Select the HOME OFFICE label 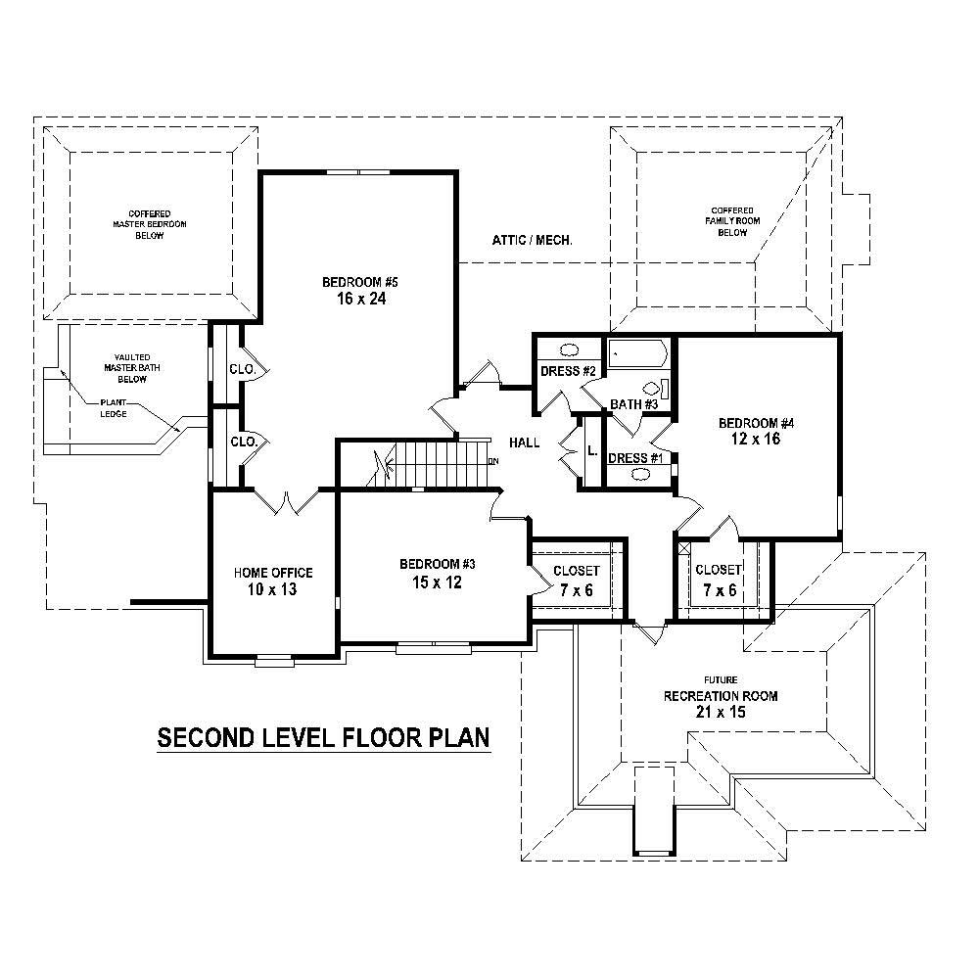point(273,573)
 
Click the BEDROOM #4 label point(756,423)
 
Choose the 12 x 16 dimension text point(756,440)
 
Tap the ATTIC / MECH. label point(534,240)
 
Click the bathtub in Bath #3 point(636,352)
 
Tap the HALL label point(525,443)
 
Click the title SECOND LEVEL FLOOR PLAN point(323,737)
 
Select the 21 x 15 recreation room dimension point(720,713)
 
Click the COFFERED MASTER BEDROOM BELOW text point(150,224)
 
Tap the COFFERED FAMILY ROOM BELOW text point(732,221)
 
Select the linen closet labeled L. point(591,451)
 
